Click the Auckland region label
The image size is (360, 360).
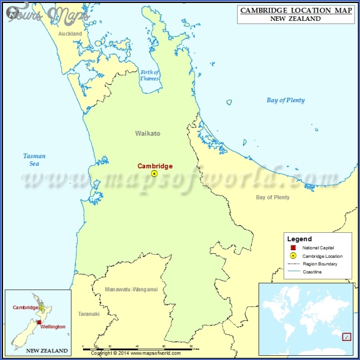70,34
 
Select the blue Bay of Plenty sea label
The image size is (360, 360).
285,100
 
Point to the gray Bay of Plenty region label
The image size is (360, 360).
272,197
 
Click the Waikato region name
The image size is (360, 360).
147,134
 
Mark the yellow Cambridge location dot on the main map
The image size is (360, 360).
154,174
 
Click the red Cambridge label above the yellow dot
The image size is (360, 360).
155,166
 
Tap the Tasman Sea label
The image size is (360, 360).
35,159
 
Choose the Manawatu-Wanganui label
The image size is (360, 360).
131,289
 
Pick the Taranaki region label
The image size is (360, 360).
88,313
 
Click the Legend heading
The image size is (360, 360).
299,239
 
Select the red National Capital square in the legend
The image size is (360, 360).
293,248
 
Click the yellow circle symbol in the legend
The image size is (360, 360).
293,256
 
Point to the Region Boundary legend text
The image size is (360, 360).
320,264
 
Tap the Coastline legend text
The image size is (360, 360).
312,272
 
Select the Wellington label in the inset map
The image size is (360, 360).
53,327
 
